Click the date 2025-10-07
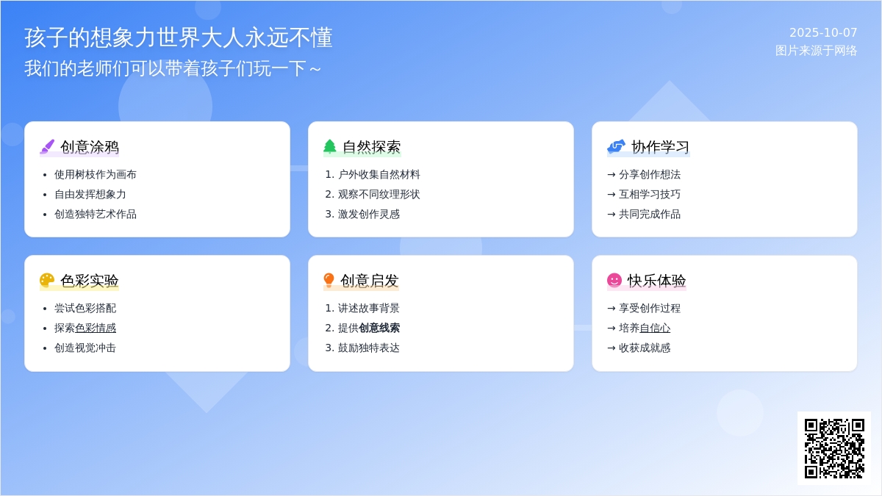tap(823, 32)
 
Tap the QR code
tap(834, 448)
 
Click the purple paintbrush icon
tap(47, 147)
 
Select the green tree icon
tap(330, 146)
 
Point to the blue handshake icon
tap(616, 146)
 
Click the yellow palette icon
tap(47, 280)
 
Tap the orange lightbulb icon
tap(329, 280)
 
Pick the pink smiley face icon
tap(614, 280)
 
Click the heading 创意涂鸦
tap(90, 147)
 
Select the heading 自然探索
tap(372, 147)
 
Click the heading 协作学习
tap(660, 147)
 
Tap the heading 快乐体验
tap(657, 281)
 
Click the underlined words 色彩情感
tap(96, 328)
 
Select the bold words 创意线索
tap(379, 328)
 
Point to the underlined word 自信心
tap(655, 328)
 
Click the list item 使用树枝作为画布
tap(96, 174)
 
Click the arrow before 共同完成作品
tap(612, 215)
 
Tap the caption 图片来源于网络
tap(817, 51)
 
